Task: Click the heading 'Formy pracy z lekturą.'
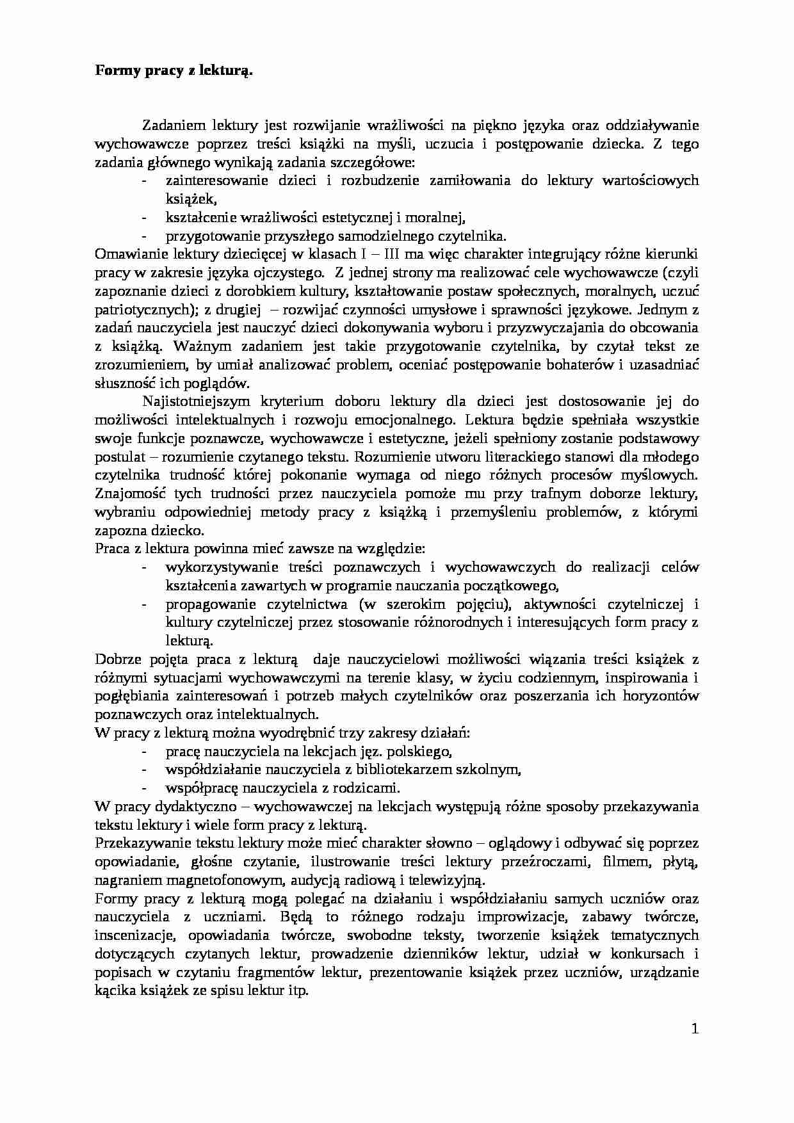coord(174,71)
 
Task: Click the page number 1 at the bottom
coord(695,1030)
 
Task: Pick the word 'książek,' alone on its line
coord(187,199)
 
